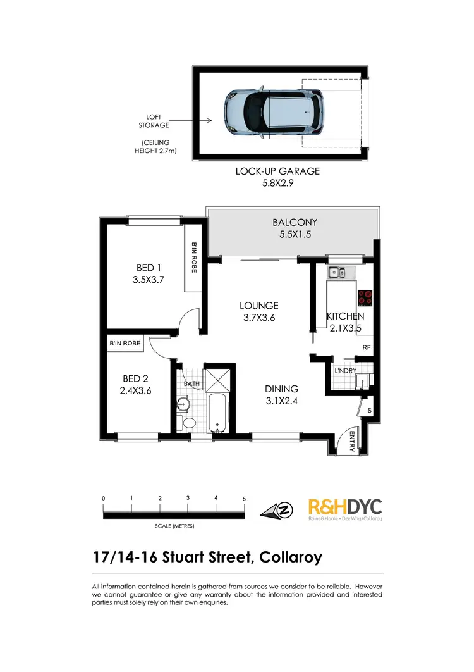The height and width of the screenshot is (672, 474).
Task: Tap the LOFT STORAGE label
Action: pyautogui.click(x=153, y=121)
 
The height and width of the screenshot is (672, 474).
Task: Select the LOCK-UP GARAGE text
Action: pyautogui.click(x=277, y=171)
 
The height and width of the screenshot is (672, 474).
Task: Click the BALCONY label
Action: pyautogui.click(x=295, y=222)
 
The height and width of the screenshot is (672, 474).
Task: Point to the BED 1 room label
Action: pyautogui.click(x=149, y=268)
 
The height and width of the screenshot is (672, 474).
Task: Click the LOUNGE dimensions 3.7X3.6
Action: pyautogui.click(x=260, y=318)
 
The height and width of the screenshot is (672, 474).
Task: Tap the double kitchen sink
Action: pyautogui.click(x=336, y=273)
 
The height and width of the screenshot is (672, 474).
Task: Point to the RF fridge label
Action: pyautogui.click(x=366, y=347)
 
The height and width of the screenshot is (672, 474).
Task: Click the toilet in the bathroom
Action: pyautogui.click(x=188, y=423)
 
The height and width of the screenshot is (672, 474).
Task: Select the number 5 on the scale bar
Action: pyautogui.click(x=244, y=499)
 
